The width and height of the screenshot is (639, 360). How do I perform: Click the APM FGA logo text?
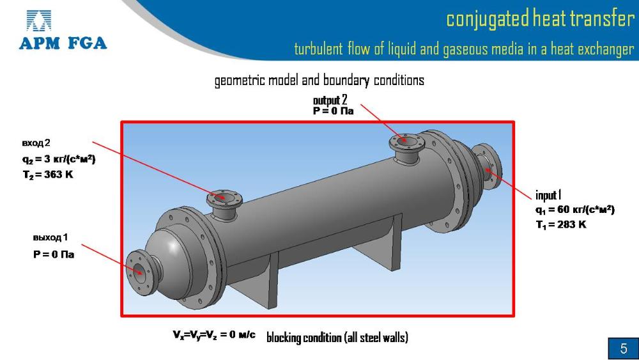point(63,43)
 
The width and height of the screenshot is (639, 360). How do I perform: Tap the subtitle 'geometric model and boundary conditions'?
point(319,81)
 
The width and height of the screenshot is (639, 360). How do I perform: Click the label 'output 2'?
point(330,100)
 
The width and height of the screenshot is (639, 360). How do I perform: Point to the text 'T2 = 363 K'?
point(48,174)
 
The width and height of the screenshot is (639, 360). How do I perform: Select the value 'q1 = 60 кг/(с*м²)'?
point(574,209)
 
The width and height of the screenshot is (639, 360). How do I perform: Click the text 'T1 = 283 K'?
point(560,224)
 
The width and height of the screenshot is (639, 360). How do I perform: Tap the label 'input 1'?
point(548,195)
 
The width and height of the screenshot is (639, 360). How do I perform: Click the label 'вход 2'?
point(36,142)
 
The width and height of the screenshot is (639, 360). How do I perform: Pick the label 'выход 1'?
point(50,238)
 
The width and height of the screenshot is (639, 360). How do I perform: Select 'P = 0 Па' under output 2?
point(333,111)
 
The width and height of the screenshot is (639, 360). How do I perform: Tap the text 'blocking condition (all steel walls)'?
point(337,337)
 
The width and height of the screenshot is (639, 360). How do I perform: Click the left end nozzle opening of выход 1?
point(137,269)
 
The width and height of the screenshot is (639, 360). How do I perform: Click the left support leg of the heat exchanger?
point(273,281)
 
